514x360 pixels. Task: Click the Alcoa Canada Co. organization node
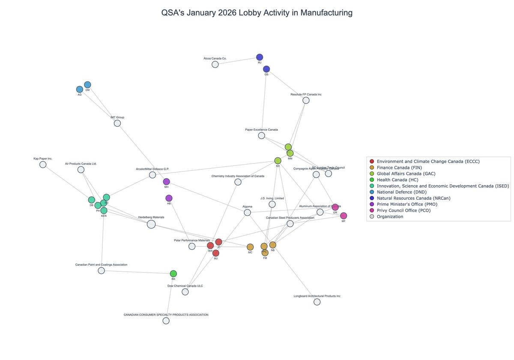tap(215, 64)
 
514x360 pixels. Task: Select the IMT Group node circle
tap(117, 123)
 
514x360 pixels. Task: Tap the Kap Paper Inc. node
tap(43, 165)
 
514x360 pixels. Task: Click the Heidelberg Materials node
tap(151, 224)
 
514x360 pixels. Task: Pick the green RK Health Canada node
tap(173, 274)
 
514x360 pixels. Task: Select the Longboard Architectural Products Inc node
tap(317, 302)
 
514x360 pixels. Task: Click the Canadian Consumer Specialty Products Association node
tap(166, 321)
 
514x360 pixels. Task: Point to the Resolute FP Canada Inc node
tap(306, 100)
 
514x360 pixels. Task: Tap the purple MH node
tap(167, 182)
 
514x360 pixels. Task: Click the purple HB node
tap(169, 198)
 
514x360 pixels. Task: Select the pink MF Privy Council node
tap(344, 216)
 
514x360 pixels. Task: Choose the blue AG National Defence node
tap(80, 90)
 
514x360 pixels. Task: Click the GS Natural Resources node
tap(266, 69)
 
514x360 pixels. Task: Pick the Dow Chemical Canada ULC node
tap(185, 292)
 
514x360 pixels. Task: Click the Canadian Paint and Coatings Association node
tap(101, 271)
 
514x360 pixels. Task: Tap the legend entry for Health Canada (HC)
tap(397, 180)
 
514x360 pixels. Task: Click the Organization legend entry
tap(389, 217)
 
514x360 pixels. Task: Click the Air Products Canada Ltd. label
tap(81, 164)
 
